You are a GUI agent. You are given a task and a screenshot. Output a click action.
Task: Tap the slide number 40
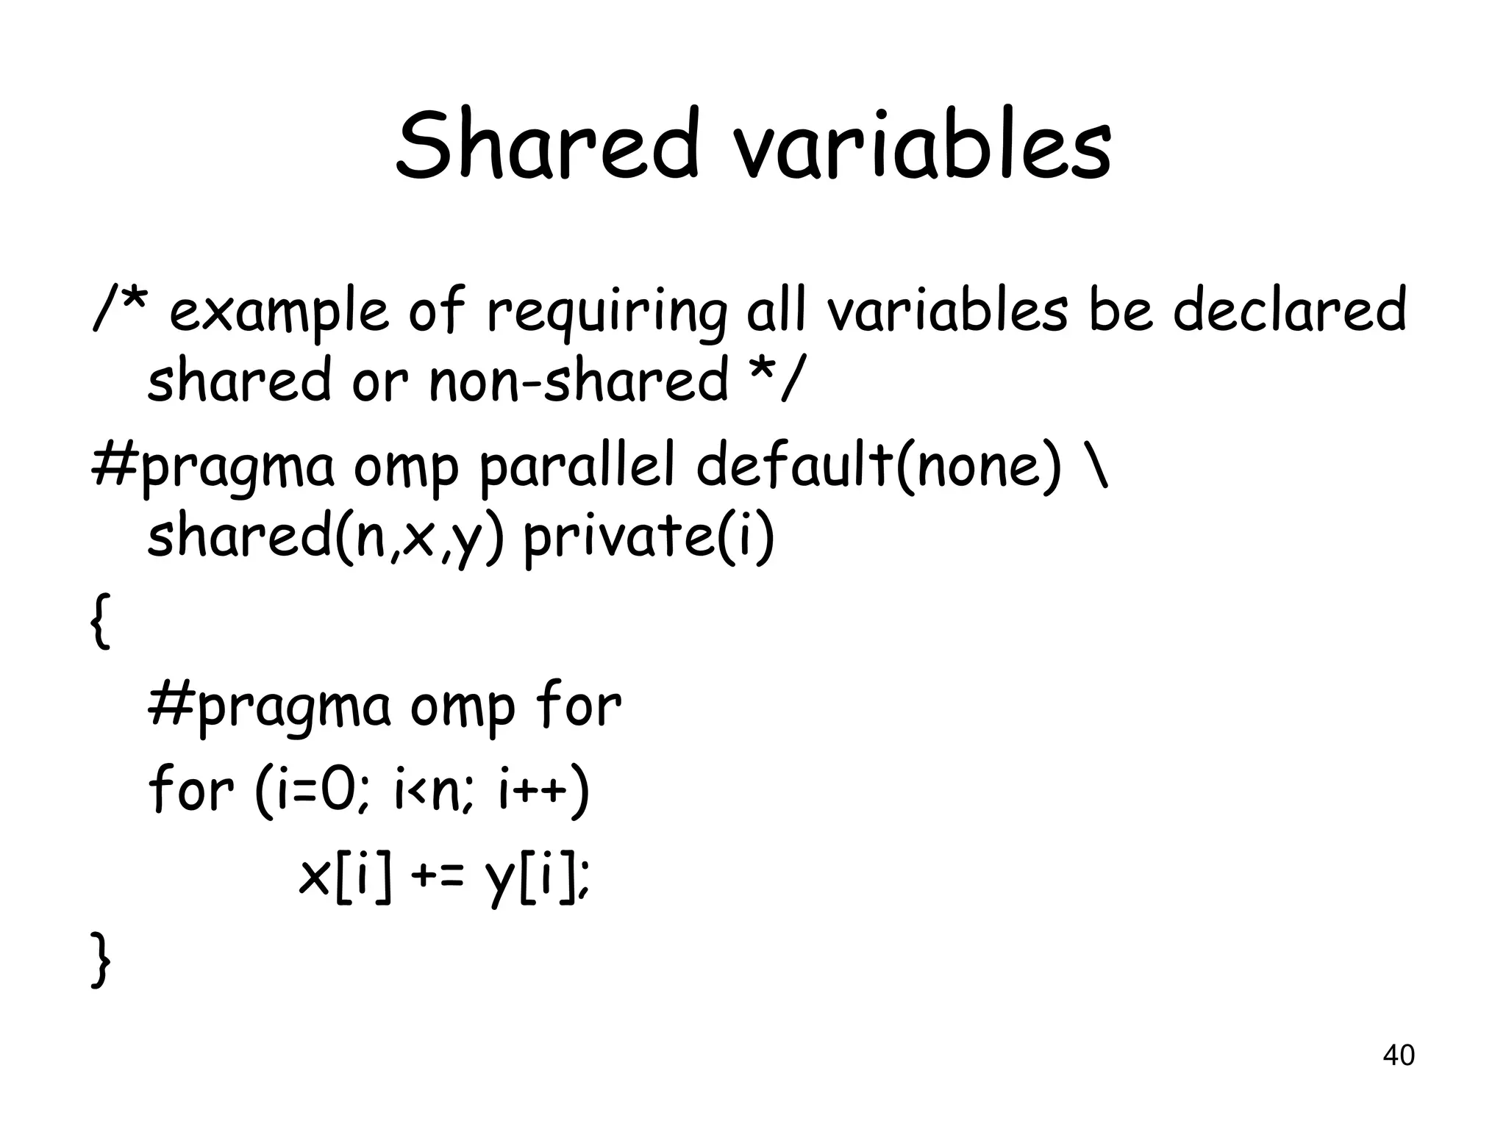click(x=1398, y=1055)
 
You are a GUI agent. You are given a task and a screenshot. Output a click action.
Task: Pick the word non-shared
click(x=578, y=381)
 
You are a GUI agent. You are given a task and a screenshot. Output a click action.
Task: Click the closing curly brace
click(x=100, y=959)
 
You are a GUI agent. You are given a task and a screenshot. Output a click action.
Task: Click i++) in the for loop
click(x=543, y=791)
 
